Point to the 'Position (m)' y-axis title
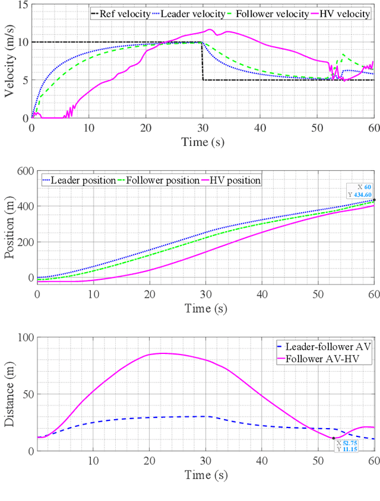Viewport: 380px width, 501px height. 9,229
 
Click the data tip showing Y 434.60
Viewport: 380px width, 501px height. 359,190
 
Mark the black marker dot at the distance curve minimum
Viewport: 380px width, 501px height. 334,438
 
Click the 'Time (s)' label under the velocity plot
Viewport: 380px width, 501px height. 202,142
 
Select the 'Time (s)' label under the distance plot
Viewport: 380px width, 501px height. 202,474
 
